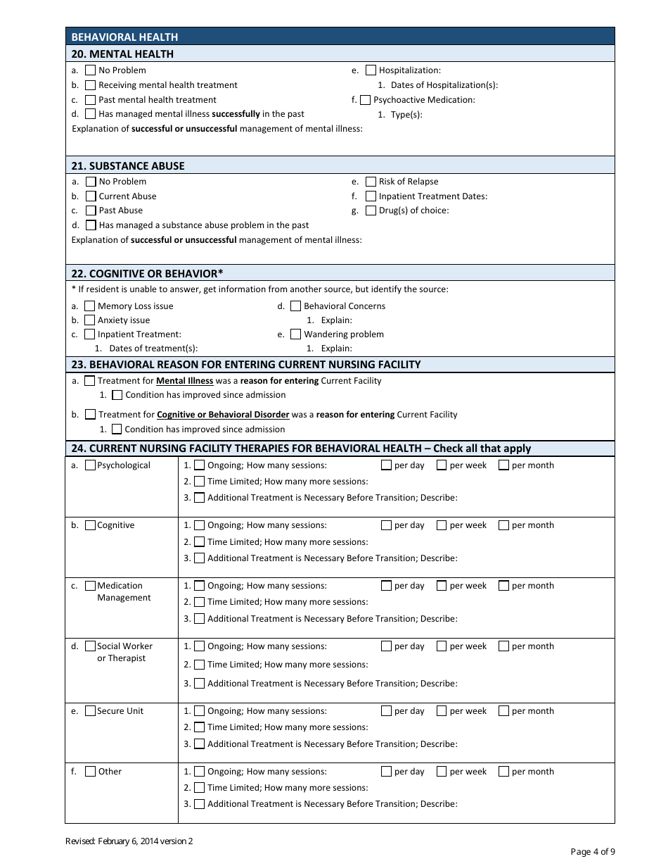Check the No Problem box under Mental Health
click(91, 70)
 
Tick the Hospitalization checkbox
click(371, 70)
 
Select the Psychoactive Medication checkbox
click(365, 100)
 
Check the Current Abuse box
click(91, 196)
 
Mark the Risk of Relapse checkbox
click(371, 182)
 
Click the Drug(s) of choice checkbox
click(371, 211)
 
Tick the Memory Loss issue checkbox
click(90, 306)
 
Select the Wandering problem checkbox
click(296, 334)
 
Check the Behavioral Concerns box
click(296, 306)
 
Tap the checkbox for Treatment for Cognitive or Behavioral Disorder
click(90, 415)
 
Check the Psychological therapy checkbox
click(90, 465)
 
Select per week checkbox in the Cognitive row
click(442, 525)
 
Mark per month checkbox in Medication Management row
click(503, 586)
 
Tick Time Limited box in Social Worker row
click(200, 665)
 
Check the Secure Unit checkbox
click(90, 711)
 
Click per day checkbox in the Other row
click(386, 772)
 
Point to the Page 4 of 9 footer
click(593, 852)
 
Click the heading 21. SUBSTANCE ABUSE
click(128, 166)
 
